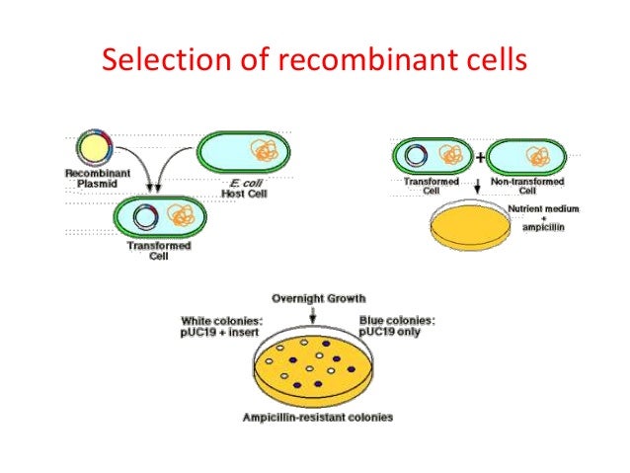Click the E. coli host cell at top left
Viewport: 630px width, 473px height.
coord(244,153)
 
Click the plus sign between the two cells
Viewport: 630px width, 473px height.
coord(480,156)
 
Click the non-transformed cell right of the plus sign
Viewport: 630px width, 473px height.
coord(527,156)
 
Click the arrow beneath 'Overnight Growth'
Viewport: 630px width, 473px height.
coord(313,315)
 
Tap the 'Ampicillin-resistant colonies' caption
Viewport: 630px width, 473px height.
coord(317,418)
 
